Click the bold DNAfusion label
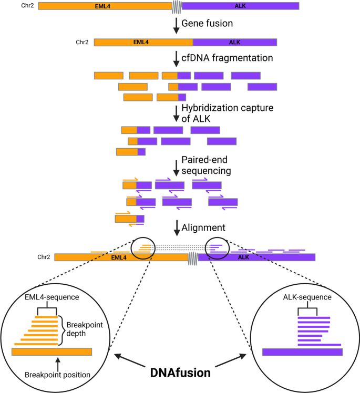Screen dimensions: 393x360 [180, 373]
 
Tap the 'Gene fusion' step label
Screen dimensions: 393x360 [207, 24]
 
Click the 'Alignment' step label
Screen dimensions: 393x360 [203, 228]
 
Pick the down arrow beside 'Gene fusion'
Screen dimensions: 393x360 [176, 25]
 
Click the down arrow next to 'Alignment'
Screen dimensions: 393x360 [176, 228]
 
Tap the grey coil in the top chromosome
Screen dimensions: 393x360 [177, 6]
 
